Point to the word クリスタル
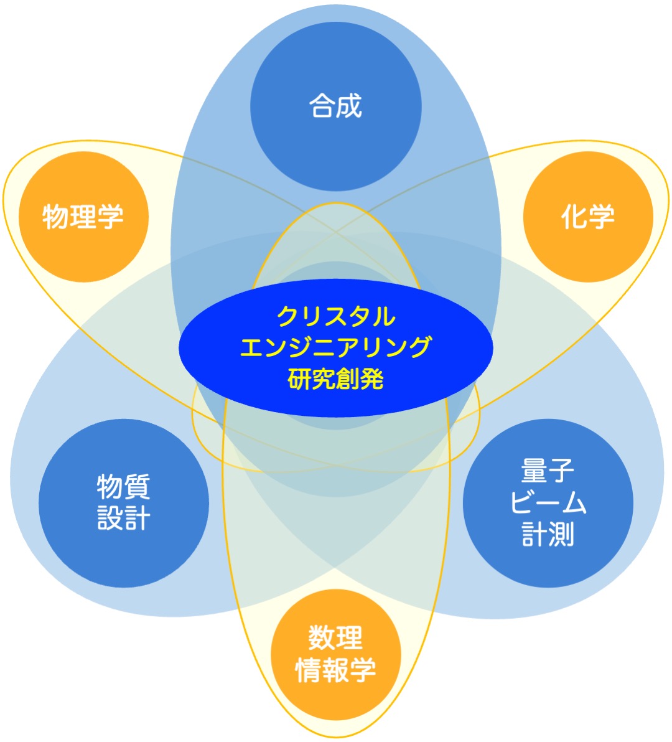(x=336, y=317)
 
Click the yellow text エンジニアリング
(x=336, y=347)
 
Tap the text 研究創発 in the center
(x=336, y=378)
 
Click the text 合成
(x=336, y=106)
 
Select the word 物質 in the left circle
(x=123, y=487)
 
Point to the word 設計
(x=123, y=518)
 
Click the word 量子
(x=548, y=471)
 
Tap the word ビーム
(x=548, y=502)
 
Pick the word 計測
(x=548, y=534)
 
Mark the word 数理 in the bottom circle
(x=336, y=638)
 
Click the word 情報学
(x=336, y=670)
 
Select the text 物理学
(x=83, y=217)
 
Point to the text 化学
(x=588, y=217)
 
